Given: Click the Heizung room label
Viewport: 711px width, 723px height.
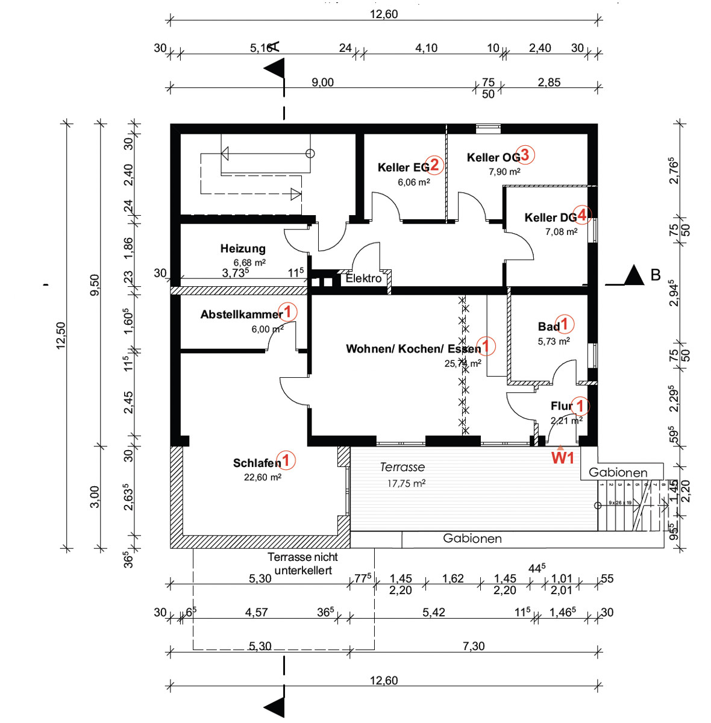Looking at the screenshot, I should click(242, 249).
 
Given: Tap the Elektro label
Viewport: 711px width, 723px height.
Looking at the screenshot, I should click(363, 278).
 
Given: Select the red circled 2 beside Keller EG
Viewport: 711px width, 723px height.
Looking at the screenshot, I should click(435, 166).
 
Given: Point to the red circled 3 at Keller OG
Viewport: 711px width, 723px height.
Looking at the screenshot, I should click(525, 155).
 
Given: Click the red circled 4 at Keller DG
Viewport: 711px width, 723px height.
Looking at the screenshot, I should click(582, 214).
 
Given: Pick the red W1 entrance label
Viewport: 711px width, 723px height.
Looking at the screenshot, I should click(563, 459).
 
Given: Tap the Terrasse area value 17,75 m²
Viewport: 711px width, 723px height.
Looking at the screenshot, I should click(407, 483).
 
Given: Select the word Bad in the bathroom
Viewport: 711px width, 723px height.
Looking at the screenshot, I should click(548, 327).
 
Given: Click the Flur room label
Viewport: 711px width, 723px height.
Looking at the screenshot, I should click(561, 406).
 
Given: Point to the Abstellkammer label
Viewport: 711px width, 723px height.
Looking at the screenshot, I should click(242, 315).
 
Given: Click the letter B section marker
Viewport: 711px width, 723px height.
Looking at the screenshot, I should click(656, 275).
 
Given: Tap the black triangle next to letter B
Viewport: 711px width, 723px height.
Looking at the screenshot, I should click(634, 276).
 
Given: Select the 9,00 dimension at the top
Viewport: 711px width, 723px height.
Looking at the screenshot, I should click(322, 83).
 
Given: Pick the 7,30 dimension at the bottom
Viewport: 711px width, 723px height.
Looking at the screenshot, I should click(474, 646).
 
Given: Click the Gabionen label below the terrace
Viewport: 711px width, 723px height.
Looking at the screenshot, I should click(472, 539).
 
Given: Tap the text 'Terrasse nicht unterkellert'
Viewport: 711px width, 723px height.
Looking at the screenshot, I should click(302, 563).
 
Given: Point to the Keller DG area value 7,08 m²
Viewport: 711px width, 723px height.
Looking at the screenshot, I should click(561, 231).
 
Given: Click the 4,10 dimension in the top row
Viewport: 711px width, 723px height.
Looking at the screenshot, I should click(426, 48).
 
